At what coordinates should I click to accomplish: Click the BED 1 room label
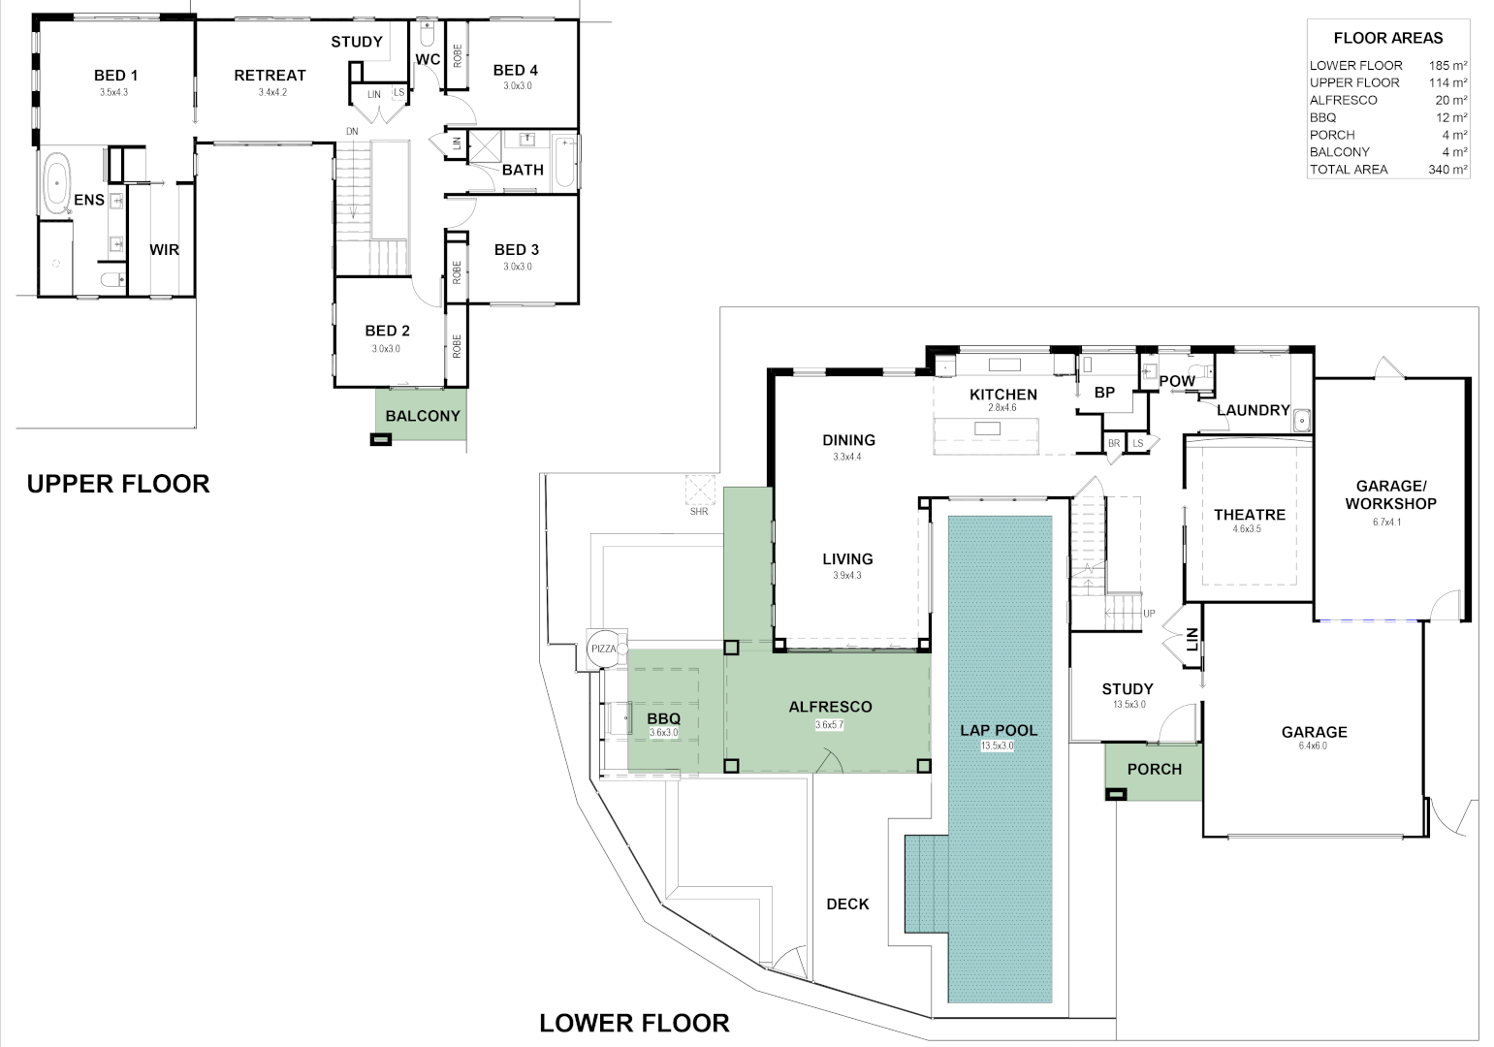(x=115, y=76)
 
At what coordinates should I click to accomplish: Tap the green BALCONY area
(x=422, y=416)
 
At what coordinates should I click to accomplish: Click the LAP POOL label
(x=999, y=730)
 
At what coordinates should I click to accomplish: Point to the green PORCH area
(x=1154, y=770)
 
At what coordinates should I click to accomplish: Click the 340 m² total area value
(x=1447, y=170)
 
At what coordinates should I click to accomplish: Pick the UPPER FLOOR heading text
(x=118, y=484)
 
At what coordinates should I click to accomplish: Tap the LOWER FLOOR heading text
(x=634, y=1023)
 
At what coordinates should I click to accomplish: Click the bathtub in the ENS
(x=57, y=183)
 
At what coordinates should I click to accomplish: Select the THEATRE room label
(x=1250, y=515)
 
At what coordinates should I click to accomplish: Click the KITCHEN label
(x=1003, y=395)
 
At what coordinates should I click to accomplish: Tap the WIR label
(x=164, y=250)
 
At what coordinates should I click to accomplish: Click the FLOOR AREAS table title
(x=1387, y=39)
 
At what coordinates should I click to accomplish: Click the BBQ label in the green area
(x=664, y=718)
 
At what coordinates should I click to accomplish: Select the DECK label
(x=847, y=904)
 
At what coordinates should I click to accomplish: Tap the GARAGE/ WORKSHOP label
(x=1395, y=494)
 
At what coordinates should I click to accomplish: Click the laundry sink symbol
(x=1302, y=420)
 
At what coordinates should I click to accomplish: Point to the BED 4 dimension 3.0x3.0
(x=517, y=86)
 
